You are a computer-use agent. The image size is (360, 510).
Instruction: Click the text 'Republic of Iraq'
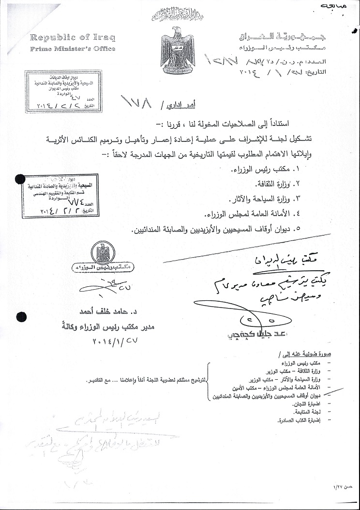coord(73,38)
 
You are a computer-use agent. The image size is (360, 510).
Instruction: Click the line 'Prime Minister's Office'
coord(73,49)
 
